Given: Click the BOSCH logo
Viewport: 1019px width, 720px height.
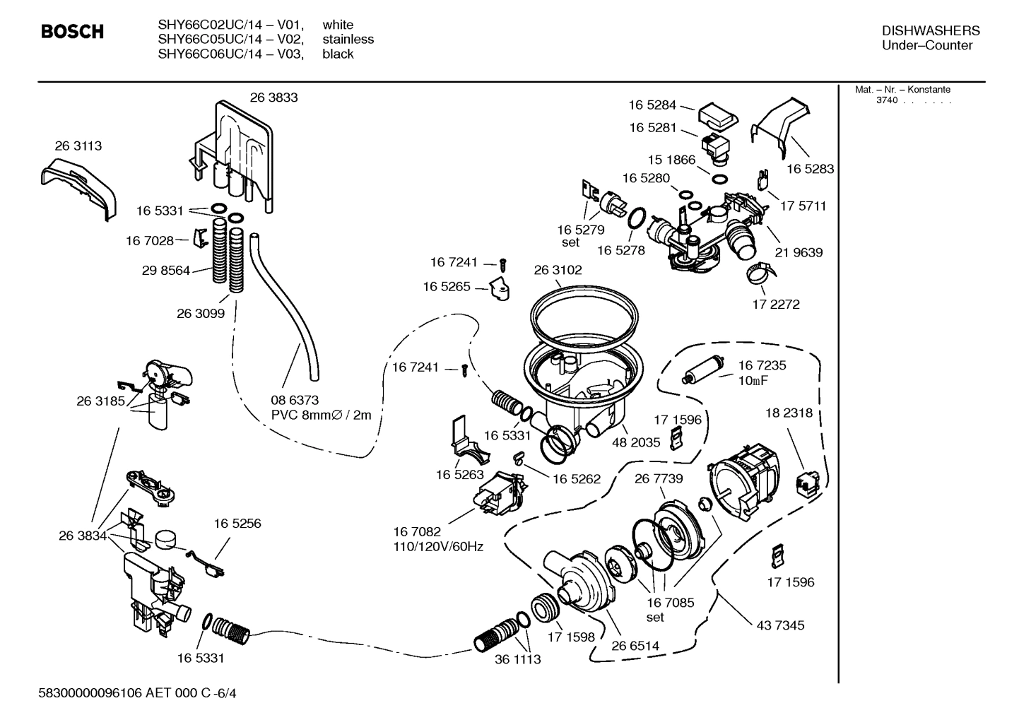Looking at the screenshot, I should click(x=72, y=32).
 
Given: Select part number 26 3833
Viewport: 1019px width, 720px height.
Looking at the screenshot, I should click(x=273, y=98).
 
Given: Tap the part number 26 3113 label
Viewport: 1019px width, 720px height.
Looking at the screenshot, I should click(x=78, y=146).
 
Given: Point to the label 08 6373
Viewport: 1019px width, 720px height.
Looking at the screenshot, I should click(x=295, y=400).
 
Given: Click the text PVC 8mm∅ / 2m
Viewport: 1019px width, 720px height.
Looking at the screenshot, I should click(x=321, y=415).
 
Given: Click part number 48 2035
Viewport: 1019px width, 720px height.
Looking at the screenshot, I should click(x=636, y=442).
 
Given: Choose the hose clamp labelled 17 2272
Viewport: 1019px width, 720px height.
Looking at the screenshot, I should click(x=759, y=272).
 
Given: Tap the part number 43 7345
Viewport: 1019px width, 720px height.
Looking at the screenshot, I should click(x=780, y=625).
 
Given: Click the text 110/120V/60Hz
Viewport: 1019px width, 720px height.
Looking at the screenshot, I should click(x=438, y=546).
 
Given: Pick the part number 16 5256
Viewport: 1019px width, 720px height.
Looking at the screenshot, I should click(x=237, y=524).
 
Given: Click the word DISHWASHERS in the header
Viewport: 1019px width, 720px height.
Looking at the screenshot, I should click(x=931, y=30).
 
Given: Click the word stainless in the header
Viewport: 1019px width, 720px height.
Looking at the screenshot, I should click(x=348, y=40).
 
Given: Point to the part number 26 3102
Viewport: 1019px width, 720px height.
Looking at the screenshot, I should click(x=558, y=270).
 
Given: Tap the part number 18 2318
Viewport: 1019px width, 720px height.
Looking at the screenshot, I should click(x=789, y=413).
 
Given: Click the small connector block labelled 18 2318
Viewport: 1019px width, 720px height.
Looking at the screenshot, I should click(x=806, y=484).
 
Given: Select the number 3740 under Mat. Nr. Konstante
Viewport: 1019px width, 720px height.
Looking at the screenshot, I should click(x=886, y=100).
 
